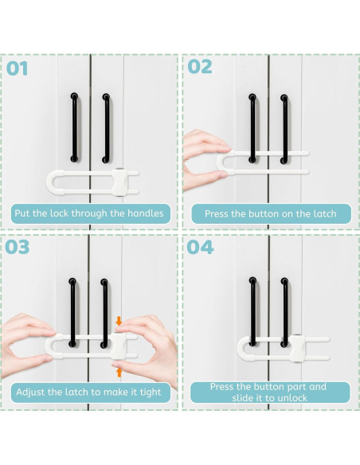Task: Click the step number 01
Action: [18, 68]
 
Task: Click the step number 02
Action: [200, 67]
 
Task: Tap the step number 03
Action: [18, 247]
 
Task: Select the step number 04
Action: [200, 247]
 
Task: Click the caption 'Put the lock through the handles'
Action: [89, 213]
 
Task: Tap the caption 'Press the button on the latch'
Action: [271, 214]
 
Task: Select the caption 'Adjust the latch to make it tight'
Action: [88, 392]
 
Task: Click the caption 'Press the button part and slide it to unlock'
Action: [268, 392]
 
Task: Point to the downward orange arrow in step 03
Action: [119, 321]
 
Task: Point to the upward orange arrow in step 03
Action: [119, 373]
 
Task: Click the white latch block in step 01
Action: [120, 182]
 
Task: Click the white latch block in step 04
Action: [296, 348]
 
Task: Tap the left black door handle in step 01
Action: [74, 127]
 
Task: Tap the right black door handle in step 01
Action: [106, 128]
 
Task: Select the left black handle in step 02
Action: [252, 128]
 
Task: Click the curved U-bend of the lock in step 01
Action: [49, 182]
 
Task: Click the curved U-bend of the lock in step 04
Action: [241, 349]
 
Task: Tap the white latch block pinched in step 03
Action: [117, 346]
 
